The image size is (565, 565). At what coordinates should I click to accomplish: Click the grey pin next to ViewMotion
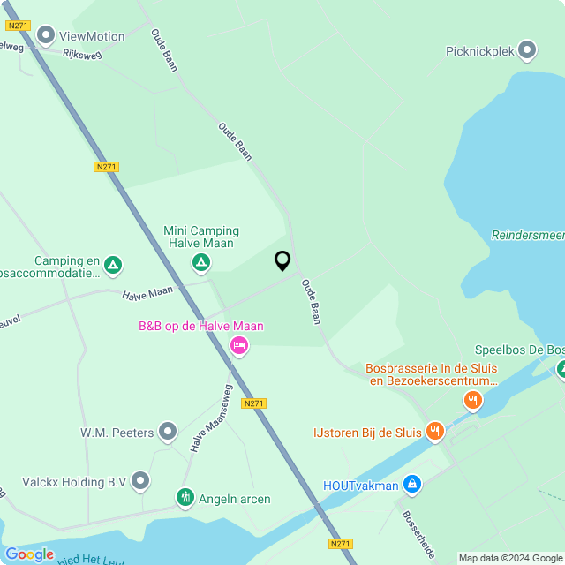tap(45, 37)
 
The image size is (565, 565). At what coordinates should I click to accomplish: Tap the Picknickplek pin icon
tap(527, 50)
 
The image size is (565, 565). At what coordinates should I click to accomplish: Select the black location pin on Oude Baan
tap(282, 261)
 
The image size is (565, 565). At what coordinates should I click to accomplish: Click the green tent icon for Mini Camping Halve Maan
tap(201, 262)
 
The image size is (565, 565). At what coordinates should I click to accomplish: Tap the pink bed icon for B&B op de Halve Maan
tap(237, 345)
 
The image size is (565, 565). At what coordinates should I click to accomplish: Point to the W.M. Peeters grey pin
tap(168, 432)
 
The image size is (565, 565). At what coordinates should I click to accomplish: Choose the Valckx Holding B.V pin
tap(140, 481)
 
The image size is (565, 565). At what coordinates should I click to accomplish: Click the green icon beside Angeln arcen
tap(185, 499)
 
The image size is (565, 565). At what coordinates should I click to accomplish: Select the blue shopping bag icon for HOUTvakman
tap(411, 485)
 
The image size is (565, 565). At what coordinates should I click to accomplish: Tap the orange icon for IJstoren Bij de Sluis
tap(434, 432)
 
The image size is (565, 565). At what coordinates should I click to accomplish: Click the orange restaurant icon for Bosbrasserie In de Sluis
tap(473, 402)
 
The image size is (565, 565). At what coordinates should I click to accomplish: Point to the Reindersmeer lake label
tap(528, 235)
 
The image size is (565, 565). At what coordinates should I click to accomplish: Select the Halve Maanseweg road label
tap(210, 418)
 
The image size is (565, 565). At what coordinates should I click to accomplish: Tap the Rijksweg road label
tap(82, 54)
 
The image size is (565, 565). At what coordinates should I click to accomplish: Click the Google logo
tap(29, 554)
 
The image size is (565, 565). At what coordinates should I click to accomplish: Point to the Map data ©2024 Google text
tap(510, 558)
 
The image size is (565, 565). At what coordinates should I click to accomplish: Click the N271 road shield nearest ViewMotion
tap(17, 26)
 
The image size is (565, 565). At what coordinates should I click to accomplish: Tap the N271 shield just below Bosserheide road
tap(341, 543)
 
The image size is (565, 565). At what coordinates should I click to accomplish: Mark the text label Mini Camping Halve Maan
tap(201, 237)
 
